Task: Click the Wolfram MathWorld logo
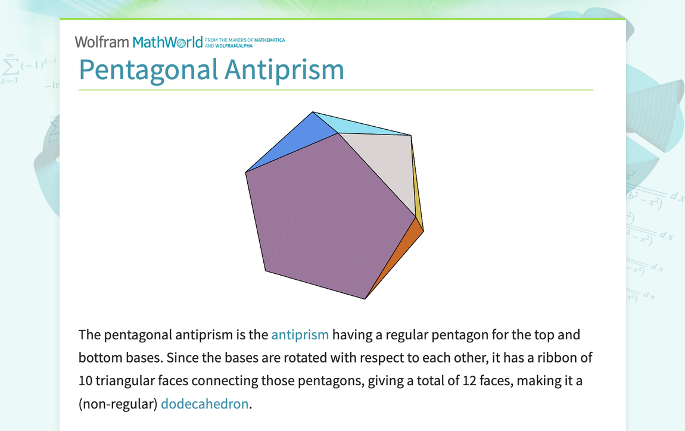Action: pos(138,42)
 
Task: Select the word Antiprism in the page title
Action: pos(284,70)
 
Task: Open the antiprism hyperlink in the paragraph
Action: pos(300,335)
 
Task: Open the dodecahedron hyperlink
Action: pos(204,404)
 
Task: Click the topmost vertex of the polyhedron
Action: pos(312,111)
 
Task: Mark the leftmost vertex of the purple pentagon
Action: pos(245,173)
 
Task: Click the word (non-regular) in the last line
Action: pos(118,404)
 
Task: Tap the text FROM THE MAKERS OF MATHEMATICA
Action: pos(245,40)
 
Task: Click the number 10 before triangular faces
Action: pos(86,380)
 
